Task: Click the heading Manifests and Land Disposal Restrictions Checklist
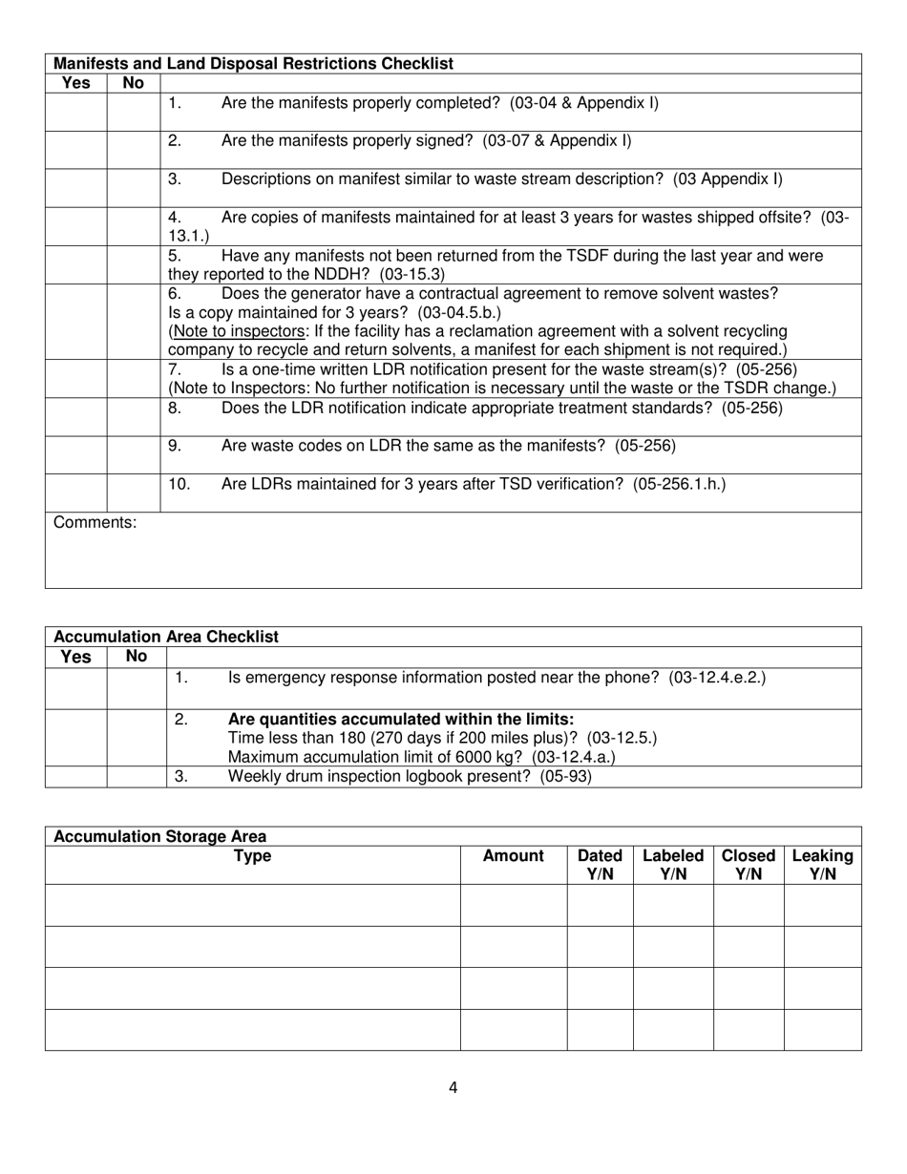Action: [254, 64]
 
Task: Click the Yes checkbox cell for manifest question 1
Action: [76, 112]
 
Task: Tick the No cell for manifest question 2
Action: [134, 150]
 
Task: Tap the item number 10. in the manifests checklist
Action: [179, 484]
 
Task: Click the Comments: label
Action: [95, 522]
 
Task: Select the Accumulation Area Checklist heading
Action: [166, 637]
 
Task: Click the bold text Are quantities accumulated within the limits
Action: [401, 719]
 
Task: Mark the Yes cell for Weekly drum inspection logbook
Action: [76, 776]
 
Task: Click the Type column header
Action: [253, 856]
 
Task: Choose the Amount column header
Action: [514, 856]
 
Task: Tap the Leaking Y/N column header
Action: [822, 865]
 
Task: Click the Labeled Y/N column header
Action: [673, 865]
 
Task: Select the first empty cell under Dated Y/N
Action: [600, 905]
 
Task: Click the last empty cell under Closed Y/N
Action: [749, 1030]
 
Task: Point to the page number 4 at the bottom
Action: [453, 1087]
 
